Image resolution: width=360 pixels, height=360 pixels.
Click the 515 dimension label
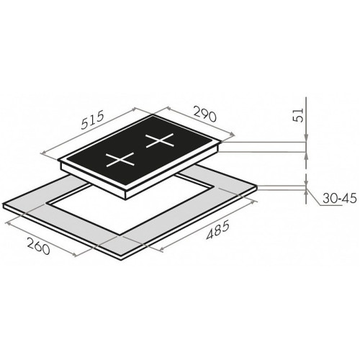(93, 120)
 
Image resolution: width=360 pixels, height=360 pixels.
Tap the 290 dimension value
(204, 114)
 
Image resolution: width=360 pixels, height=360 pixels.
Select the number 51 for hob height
(299, 115)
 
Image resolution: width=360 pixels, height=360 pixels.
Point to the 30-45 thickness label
(339, 199)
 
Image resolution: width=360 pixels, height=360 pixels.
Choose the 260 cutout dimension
(39, 246)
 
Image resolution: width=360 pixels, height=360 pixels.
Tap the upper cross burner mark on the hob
(160, 140)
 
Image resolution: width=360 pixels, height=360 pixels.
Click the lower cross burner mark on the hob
(120, 159)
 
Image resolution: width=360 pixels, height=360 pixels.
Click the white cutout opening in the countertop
(130, 206)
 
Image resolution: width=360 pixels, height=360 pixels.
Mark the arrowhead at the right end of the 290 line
(231, 135)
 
